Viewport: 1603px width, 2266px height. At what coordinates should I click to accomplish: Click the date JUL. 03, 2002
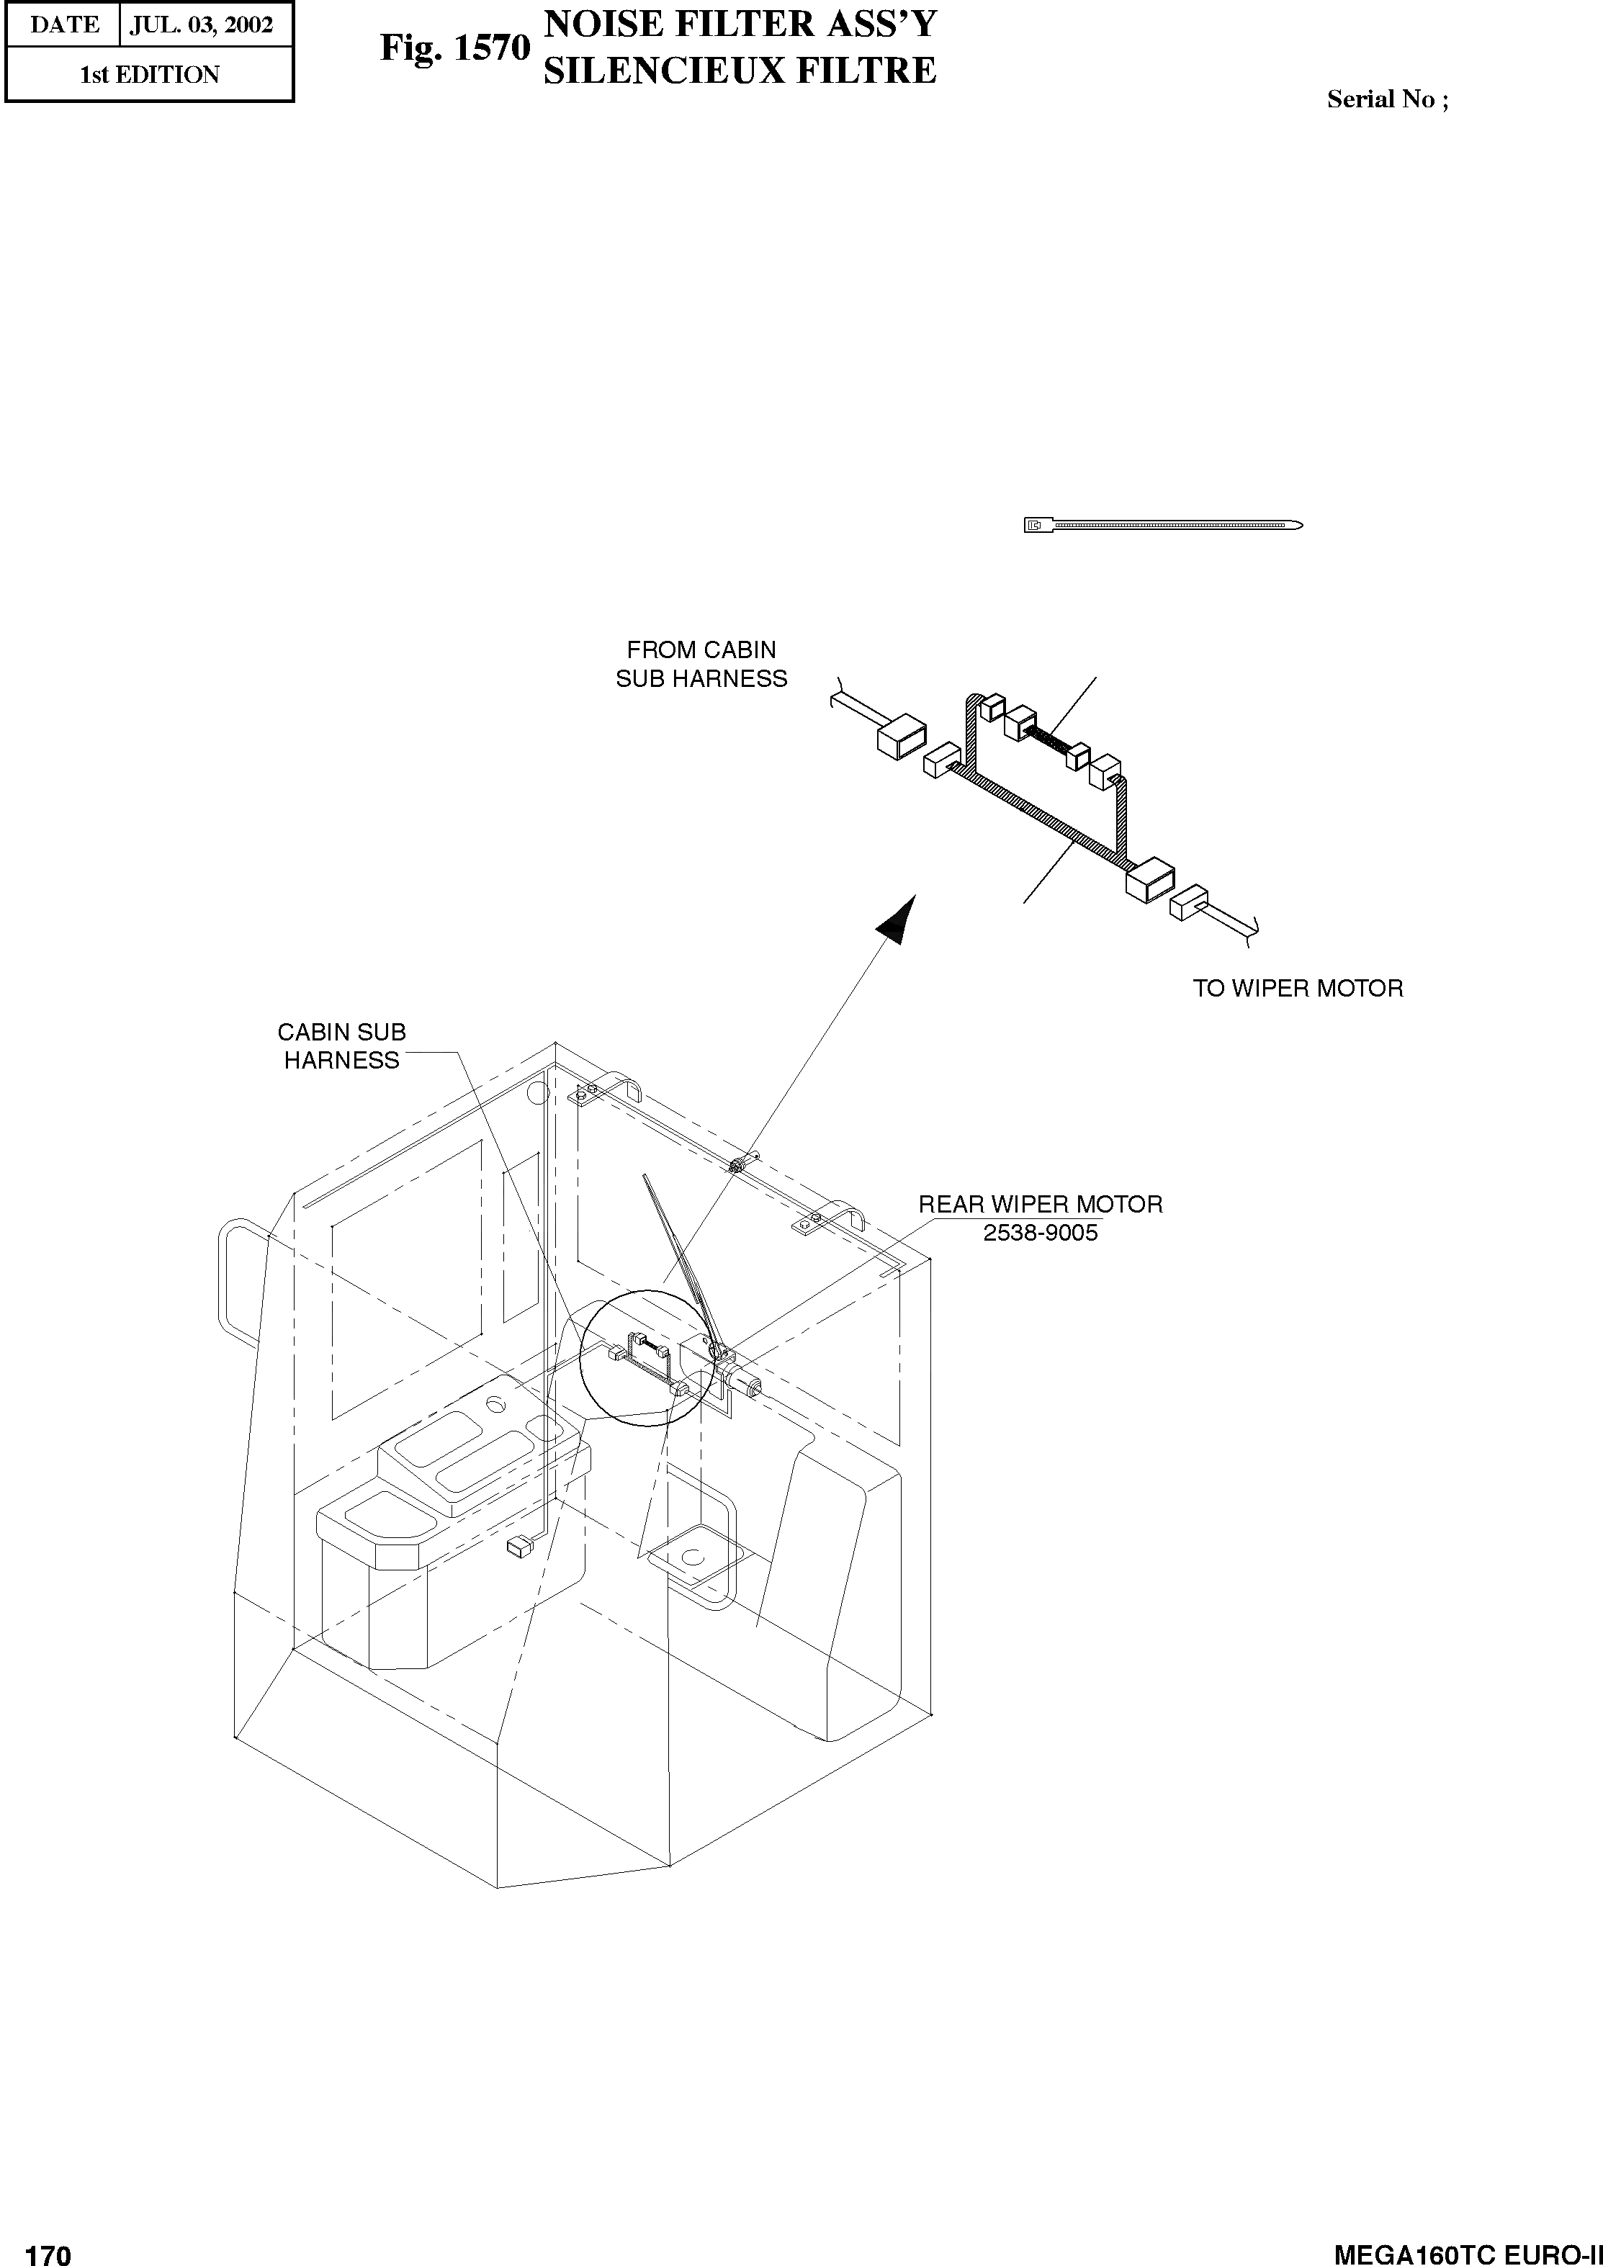click(202, 24)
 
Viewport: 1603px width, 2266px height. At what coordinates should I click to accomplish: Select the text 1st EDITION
click(149, 75)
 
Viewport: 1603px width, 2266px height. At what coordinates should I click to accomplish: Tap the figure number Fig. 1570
click(455, 48)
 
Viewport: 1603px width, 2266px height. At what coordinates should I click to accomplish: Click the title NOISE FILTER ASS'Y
click(740, 24)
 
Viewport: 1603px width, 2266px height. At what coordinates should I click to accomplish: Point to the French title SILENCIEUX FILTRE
click(740, 71)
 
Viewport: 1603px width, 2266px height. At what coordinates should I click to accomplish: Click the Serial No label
click(1387, 99)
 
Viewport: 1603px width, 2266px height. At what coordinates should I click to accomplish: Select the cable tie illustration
click(1163, 525)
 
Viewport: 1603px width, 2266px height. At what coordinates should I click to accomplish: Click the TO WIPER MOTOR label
click(1297, 988)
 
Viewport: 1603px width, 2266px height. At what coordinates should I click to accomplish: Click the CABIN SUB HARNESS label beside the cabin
click(341, 1046)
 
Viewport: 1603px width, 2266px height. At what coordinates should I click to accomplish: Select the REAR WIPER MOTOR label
click(1041, 1204)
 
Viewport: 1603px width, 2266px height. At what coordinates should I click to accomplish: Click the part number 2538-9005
click(1041, 1233)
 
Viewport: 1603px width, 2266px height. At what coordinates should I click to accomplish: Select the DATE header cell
click(63, 24)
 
